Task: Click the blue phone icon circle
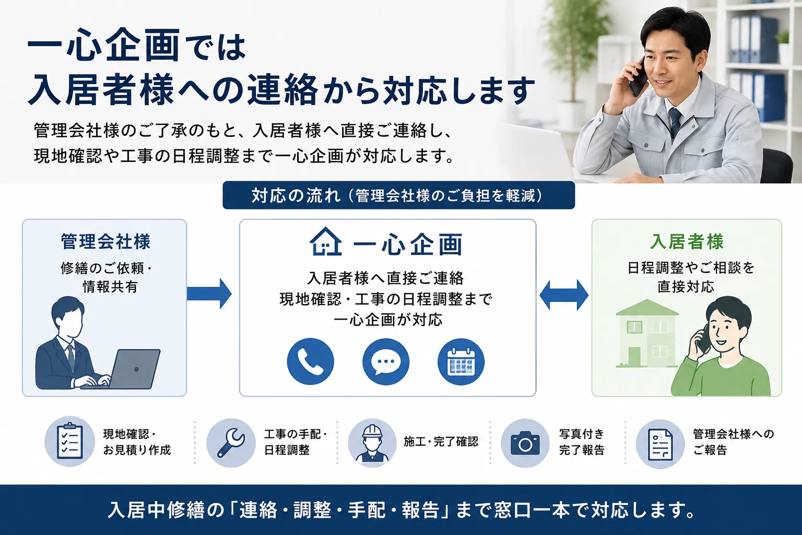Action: pyautogui.click(x=311, y=362)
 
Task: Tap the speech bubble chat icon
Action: pyautogui.click(x=386, y=362)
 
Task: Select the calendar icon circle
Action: pyautogui.click(x=461, y=362)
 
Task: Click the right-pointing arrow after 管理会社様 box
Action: pyautogui.click(x=209, y=294)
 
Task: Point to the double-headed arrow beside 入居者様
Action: pyautogui.click(x=563, y=295)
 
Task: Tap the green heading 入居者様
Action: pyautogui.click(x=687, y=241)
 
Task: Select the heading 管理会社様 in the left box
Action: pyautogui.click(x=105, y=241)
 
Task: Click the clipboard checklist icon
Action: pyautogui.click(x=70, y=441)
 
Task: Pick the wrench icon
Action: pyautogui.click(x=231, y=443)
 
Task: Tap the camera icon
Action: pyautogui.click(x=525, y=443)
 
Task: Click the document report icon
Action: pyautogui.click(x=660, y=444)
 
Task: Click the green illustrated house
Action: pyautogui.click(x=647, y=333)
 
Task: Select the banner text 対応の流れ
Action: pyautogui.click(x=296, y=195)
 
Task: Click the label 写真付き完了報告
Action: pyautogui.click(x=582, y=442)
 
